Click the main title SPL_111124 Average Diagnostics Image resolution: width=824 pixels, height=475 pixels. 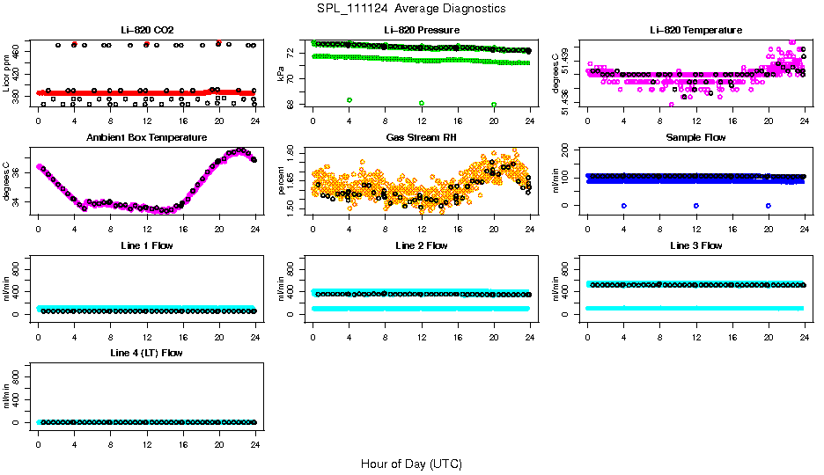[x=412, y=8]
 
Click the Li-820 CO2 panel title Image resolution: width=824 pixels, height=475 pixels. [x=146, y=30]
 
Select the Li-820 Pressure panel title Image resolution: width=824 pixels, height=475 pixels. [x=421, y=30]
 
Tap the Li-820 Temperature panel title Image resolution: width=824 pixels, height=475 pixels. [x=695, y=30]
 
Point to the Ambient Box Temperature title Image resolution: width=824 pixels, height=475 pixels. [x=146, y=138]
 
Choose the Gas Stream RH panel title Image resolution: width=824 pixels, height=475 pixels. [x=421, y=138]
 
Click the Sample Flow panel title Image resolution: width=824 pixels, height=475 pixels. [x=695, y=138]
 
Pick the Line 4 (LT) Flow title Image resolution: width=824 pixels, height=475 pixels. [x=146, y=353]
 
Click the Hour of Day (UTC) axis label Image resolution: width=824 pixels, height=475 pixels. [x=412, y=464]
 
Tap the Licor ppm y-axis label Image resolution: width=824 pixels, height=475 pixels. [x=7, y=74]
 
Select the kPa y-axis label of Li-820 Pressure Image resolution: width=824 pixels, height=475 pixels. [x=282, y=74]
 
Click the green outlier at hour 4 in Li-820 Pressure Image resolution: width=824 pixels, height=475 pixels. [x=349, y=100]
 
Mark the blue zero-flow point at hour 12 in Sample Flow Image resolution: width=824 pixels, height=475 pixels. [x=696, y=205]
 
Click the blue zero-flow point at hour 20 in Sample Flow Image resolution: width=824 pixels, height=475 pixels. [x=769, y=205]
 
